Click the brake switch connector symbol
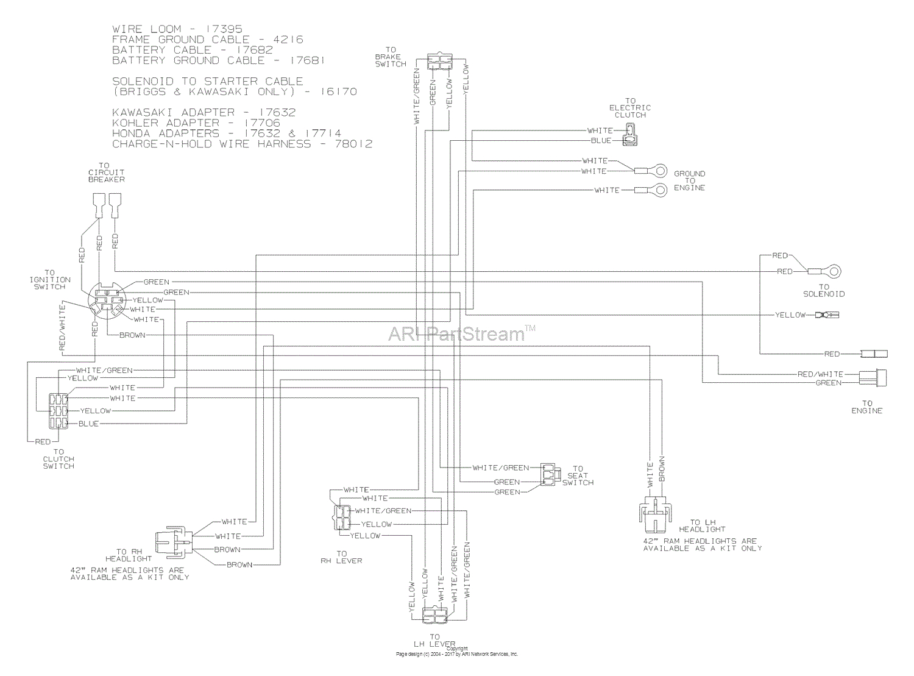pyautogui.click(x=439, y=62)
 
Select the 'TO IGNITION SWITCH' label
pyautogui.click(x=49, y=280)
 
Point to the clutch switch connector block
pyautogui.click(x=59, y=411)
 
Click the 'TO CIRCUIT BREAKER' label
pyautogui.click(x=106, y=173)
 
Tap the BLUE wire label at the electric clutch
pyautogui.click(x=601, y=141)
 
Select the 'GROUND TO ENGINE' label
pyautogui.click(x=689, y=181)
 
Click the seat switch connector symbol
pyautogui.click(x=548, y=475)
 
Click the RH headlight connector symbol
pyautogui.click(x=174, y=541)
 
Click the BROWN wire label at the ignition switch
pyautogui.click(x=132, y=335)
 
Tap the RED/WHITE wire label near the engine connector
pyautogui.click(x=820, y=374)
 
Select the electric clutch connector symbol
pyautogui.click(x=629, y=135)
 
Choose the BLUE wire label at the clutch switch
pyautogui.click(x=88, y=424)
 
